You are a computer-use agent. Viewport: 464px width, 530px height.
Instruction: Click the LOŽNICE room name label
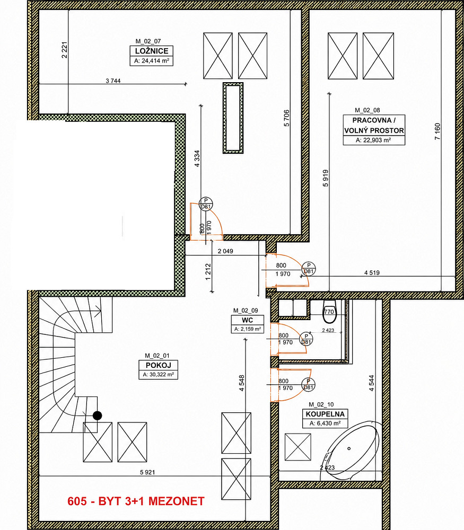(x=152, y=51)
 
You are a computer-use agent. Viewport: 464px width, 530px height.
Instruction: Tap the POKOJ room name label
(x=158, y=365)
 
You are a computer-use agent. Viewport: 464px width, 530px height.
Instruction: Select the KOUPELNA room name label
(x=325, y=414)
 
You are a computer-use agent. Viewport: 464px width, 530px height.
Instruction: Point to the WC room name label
(x=248, y=320)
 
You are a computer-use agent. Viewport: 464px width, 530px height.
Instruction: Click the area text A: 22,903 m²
(x=373, y=140)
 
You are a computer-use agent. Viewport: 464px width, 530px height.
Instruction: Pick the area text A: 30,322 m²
(x=158, y=375)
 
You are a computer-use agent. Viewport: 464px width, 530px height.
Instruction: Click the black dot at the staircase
(x=97, y=416)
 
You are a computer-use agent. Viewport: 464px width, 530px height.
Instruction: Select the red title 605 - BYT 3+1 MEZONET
(x=136, y=501)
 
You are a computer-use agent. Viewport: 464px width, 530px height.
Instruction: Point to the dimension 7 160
(x=437, y=131)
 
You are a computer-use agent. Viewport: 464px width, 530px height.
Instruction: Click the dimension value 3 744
(x=113, y=81)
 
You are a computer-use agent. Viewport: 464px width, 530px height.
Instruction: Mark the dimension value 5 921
(x=147, y=472)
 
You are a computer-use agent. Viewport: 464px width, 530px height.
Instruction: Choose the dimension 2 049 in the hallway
(x=225, y=251)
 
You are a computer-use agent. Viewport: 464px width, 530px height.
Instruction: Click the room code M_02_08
(x=367, y=110)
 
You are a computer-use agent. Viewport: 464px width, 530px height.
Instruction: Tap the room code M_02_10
(x=321, y=404)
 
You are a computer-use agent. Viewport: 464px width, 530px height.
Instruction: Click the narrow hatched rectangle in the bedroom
(x=233, y=118)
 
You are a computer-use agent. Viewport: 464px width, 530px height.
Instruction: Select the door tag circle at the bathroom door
(x=308, y=384)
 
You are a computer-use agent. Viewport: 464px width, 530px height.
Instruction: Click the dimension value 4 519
(x=372, y=273)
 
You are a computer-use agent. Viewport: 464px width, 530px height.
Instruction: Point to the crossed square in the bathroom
(x=298, y=447)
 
